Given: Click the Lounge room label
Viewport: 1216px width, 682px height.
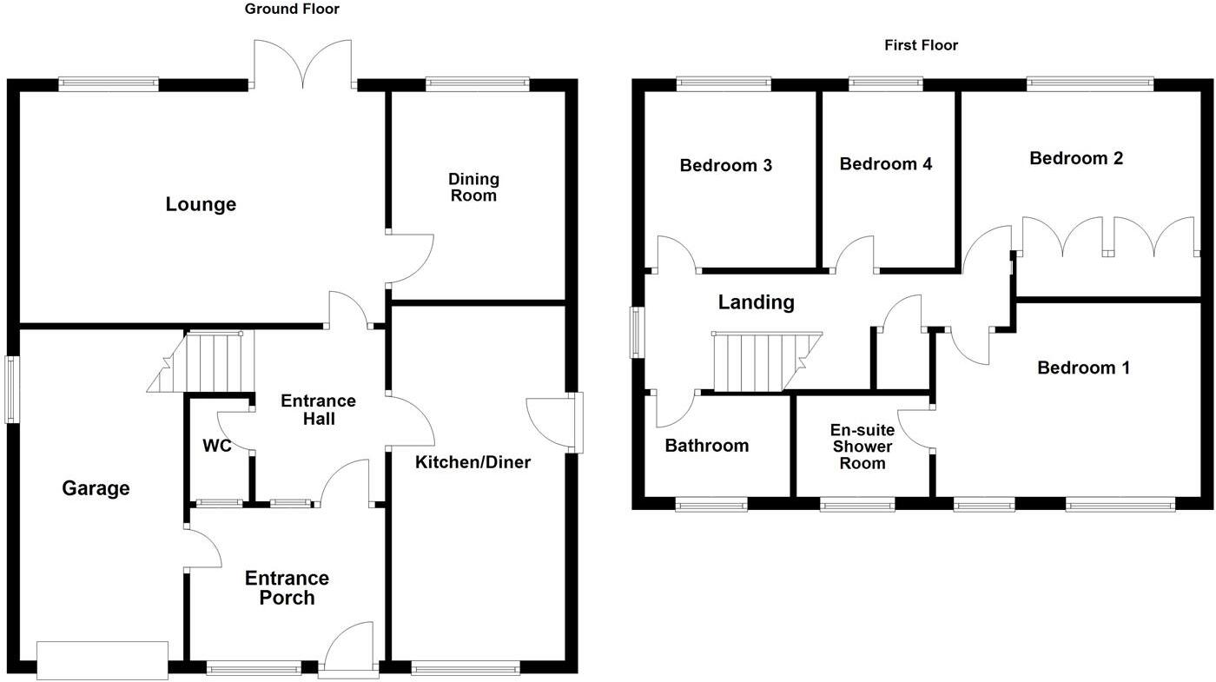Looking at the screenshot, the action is pyautogui.click(x=201, y=205).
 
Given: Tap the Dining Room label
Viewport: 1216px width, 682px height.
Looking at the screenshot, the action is pyautogui.click(x=473, y=187).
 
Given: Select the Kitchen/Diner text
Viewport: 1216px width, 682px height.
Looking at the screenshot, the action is pyautogui.click(x=473, y=462).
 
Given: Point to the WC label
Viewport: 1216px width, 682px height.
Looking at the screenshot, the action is pyautogui.click(x=216, y=447).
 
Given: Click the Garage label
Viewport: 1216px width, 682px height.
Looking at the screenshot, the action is pyautogui.click(x=96, y=488).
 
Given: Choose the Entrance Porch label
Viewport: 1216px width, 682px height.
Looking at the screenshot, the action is pyautogui.click(x=287, y=588).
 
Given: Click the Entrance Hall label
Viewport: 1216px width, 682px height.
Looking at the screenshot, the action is pyautogui.click(x=318, y=409).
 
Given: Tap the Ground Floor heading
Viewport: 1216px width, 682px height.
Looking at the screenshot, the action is pyautogui.click(x=292, y=10).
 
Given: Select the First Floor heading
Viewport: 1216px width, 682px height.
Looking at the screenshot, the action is pyautogui.click(x=921, y=45).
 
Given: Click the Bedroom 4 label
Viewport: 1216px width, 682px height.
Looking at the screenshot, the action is pyautogui.click(x=886, y=164).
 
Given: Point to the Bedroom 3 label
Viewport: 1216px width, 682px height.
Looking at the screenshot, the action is pyautogui.click(x=726, y=165).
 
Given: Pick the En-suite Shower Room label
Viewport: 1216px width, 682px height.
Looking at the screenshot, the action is pyautogui.click(x=862, y=447).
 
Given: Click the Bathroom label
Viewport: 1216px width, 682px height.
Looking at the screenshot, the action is pyautogui.click(x=706, y=446).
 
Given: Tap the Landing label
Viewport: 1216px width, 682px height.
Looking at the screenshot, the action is pyautogui.click(x=756, y=302).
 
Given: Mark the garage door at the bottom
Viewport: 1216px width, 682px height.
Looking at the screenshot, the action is pyautogui.click(x=102, y=659).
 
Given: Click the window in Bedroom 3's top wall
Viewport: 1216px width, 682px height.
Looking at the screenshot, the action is pyautogui.click(x=724, y=84).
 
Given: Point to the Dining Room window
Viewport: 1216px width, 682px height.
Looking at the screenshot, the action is pyautogui.click(x=477, y=84).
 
